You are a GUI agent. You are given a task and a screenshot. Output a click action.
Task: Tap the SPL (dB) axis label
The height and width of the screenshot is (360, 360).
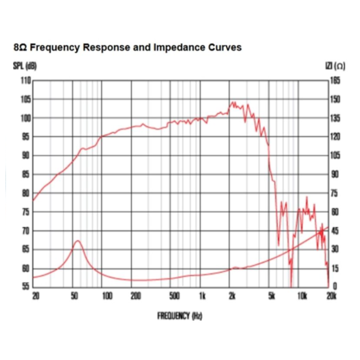(x=25, y=66)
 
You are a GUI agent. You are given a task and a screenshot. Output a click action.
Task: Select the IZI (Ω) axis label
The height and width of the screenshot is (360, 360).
(x=335, y=66)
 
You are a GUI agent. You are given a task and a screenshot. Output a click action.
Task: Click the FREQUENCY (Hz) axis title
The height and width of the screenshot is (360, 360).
(x=180, y=316)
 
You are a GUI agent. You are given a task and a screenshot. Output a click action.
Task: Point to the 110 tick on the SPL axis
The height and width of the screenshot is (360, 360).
(x=26, y=81)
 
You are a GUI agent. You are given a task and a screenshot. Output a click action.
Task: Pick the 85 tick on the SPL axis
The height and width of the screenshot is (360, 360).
(x=26, y=175)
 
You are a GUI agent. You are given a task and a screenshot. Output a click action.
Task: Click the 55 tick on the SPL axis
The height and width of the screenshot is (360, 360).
(x=26, y=286)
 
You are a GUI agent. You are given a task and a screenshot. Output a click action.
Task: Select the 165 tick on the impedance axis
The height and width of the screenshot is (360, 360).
(x=335, y=81)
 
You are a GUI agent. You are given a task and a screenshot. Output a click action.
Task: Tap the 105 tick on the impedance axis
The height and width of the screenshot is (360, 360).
(x=335, y=156)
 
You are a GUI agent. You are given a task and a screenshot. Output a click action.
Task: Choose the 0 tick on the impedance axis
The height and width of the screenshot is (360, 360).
(x=335, y=286)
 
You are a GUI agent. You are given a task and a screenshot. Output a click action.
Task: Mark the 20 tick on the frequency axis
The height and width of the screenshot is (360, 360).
(x=36, y=296)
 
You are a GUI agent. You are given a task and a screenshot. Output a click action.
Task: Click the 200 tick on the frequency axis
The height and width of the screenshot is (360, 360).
(x=136, y=296)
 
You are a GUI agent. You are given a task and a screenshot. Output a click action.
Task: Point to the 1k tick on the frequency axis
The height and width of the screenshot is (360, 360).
(x=202, y=296)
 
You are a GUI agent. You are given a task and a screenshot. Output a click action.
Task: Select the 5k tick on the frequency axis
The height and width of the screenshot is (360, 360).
(x=272, y=296)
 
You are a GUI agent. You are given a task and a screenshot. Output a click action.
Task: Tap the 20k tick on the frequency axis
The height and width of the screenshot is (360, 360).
(x=332, y=296)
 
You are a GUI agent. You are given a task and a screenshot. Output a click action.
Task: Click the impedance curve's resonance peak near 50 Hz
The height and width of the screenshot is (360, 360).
(x=77, y=241)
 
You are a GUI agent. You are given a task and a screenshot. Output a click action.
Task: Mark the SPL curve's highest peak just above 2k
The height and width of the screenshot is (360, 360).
(x=233, y=103)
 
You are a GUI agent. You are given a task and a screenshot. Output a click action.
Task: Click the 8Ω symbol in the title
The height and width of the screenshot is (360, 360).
(x=20, y=48)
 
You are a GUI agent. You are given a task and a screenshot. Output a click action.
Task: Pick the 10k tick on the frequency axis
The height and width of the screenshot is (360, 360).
(x=302, y=296)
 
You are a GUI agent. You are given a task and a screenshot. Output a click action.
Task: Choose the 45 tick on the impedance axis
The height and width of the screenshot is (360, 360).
(x=335, y=231)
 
